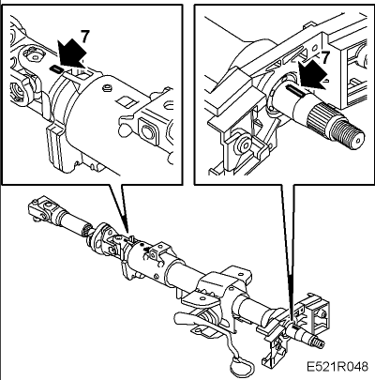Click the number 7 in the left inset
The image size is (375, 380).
(84, 37)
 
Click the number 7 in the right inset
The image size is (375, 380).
(325, 57)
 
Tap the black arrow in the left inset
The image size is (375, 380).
(72, 53)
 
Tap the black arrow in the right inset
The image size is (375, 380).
(312, 74)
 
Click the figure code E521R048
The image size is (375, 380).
(337, 366)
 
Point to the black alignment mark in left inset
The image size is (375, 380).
(55, 69)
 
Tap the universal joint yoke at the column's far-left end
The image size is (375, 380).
(40, 208)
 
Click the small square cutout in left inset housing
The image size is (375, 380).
(127, 101)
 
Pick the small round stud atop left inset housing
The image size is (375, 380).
(107, 87)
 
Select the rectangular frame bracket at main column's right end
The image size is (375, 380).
(313, 312)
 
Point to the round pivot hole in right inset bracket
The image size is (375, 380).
(245, 144)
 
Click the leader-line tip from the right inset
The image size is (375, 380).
(292, 320)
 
